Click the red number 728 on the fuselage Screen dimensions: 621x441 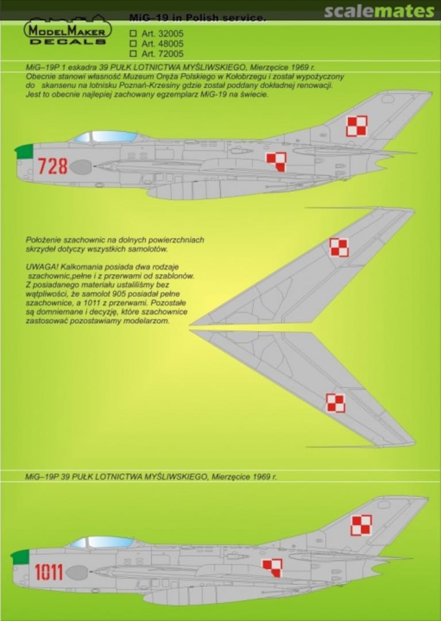(x=53, y=166)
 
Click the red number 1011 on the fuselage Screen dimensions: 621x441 (x=49, y=572)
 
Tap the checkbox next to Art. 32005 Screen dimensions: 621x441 (x=133, y=34)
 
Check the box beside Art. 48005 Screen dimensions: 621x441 (x=133, y=44)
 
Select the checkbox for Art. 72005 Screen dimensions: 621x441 (x=133, y=53)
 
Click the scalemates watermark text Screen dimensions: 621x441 (x=379, y=11)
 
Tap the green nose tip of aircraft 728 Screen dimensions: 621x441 (x=24, y=152)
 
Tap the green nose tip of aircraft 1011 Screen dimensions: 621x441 (x=20, y=556)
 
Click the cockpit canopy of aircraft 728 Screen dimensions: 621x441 (x=107, y=137)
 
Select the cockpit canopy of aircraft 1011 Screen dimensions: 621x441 (x=103, y=542)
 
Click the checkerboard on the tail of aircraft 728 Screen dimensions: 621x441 (x=356, y=126)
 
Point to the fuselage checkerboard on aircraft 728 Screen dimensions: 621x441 (x=276, y=162)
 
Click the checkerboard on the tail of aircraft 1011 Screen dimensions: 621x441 (x=361, y=525)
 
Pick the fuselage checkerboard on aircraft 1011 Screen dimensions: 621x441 (x=273, y=567)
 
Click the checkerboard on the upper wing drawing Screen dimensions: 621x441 (x=339, y=247)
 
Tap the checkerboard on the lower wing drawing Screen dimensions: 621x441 (x=336, y=403)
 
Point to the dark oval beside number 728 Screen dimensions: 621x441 (x=80, y=167)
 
